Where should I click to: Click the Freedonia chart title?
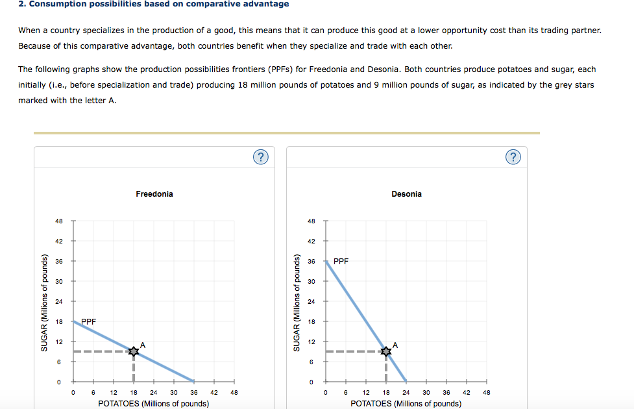[154, 194]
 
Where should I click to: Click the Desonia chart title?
[406, 194]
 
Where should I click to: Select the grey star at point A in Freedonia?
[134, 351]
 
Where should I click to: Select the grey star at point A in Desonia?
[386, 351]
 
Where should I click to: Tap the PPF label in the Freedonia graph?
[89, 321]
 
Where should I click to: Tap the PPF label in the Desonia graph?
[341, 262]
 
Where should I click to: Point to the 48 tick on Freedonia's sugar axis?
[60, 221]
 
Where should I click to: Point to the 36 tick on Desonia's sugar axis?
[312, 261]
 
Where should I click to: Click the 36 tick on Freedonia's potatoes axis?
[194, 392]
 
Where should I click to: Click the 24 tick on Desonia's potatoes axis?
[406, 392]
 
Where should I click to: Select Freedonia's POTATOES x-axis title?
[154, 403]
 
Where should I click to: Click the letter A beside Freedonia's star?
[143, 345]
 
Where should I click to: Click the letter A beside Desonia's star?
[395, 345]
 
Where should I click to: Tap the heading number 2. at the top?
[22, 4]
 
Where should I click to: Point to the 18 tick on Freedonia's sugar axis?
[60, 321]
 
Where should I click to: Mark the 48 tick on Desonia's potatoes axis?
[486, 392]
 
